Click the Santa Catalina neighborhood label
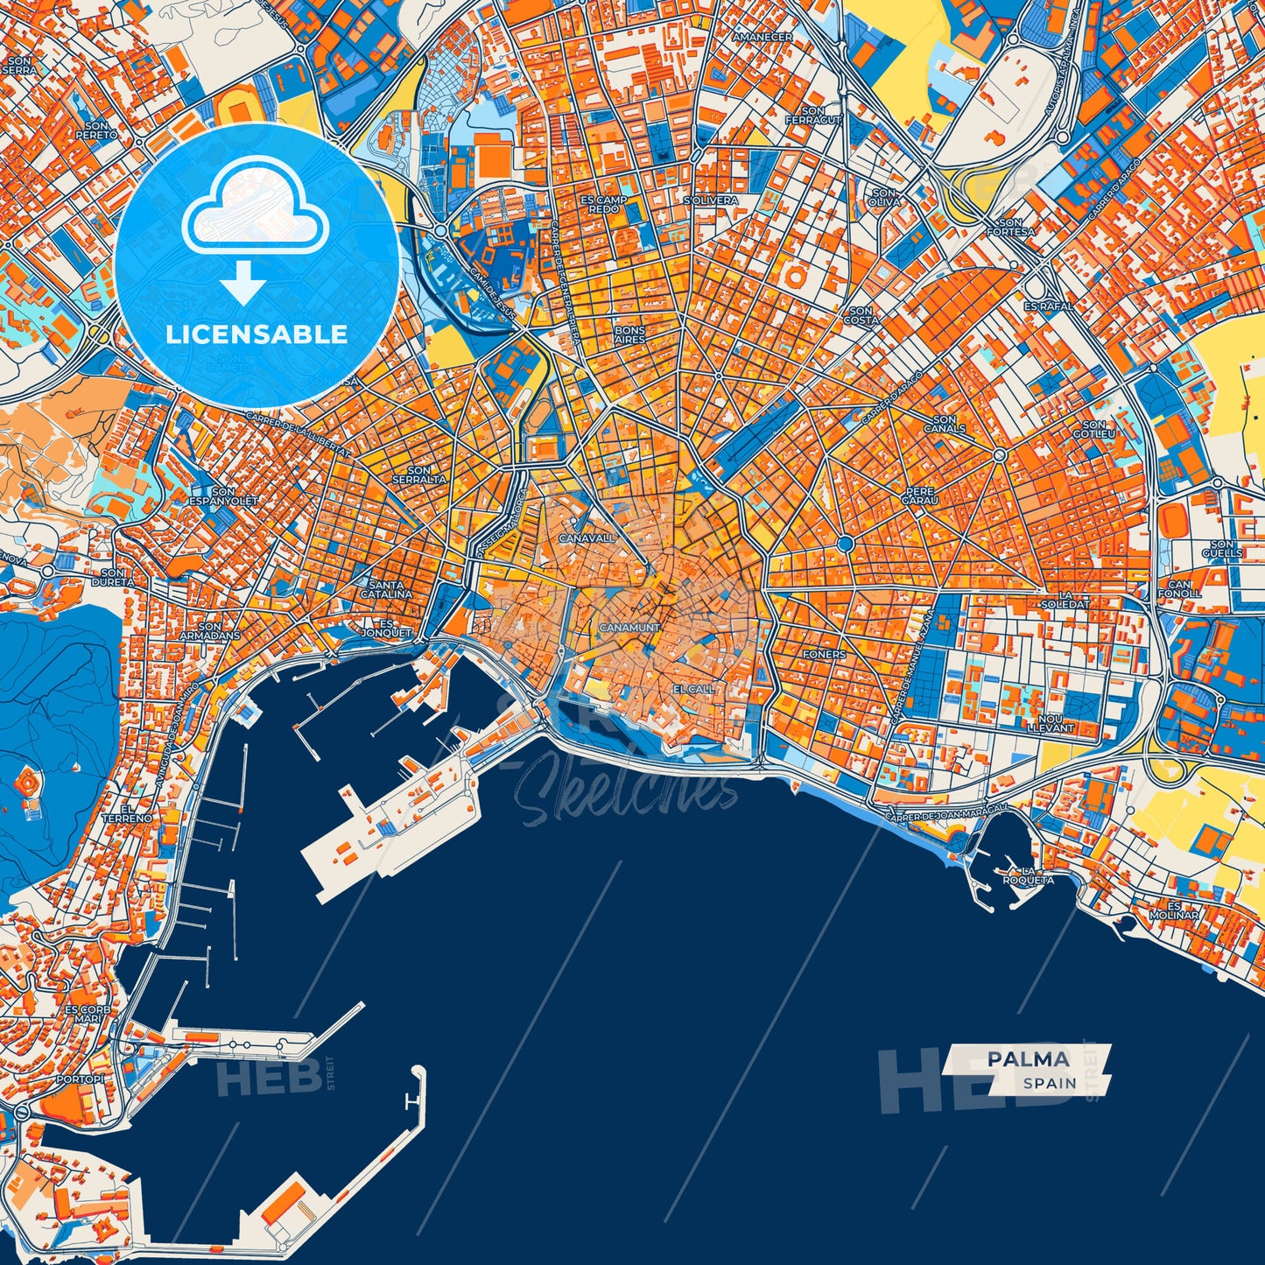386,589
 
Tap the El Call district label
693,689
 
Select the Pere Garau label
921,495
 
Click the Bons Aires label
629,334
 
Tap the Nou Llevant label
1049,722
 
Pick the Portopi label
80,1079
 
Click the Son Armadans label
209,630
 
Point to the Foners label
825,654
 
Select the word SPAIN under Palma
1050,1083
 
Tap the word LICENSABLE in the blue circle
257,334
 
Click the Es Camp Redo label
603,204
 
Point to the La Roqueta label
1029,875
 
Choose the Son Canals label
945,425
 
